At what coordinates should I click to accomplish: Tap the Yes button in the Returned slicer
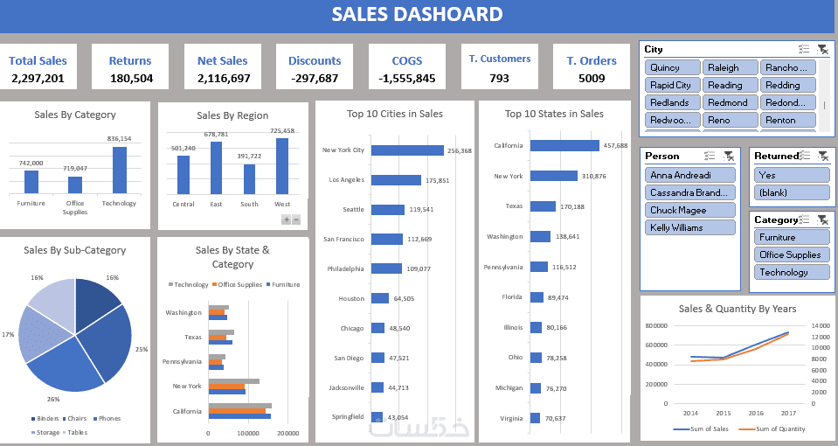click(x=791, y=175)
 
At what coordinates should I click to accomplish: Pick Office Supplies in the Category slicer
click(x=791, y=254)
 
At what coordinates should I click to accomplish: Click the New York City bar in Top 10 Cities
click(x=407, y=150)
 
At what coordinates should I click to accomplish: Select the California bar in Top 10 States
click(x=564, y=145)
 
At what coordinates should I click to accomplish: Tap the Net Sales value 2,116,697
click(x=224, y=79)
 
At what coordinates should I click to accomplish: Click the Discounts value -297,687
click(x=315, y=79)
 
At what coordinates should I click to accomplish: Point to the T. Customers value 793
click(x=499, y=78)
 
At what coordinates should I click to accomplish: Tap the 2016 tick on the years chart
click(x=756, y=413)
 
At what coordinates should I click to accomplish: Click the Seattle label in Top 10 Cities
click(x=354, y=209)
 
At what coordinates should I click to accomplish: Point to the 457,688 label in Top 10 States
click(x=615, y=145)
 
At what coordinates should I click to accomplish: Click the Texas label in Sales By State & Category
click(x=192, y=337)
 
